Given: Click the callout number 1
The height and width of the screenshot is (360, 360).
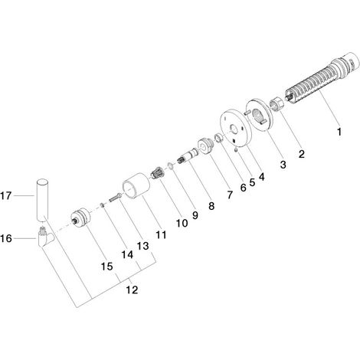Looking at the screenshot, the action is click(339, 132).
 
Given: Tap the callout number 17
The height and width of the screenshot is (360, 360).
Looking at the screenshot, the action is click(6, 196).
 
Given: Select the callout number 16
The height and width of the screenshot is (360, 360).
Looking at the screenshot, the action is click(6, 238).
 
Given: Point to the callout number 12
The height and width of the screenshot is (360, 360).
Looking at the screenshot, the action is click(133, 290).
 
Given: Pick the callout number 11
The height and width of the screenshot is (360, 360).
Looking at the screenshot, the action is click(161, 234).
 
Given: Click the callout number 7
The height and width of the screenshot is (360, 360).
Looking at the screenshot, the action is click(230, 195).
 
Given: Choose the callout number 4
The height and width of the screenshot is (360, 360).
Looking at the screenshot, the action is click(262, 177).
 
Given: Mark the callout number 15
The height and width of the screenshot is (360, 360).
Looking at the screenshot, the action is click(107, 267).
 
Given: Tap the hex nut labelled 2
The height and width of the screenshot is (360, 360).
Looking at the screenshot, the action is click(277, 104).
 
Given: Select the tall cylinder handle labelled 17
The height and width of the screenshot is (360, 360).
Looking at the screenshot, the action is click(41, 201).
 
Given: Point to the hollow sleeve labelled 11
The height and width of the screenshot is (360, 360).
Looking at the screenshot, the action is click(136, 185).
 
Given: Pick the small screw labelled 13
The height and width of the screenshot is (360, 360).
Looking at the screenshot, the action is click(116, 197).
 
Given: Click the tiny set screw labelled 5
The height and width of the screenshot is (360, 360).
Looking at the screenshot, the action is click(237, 150).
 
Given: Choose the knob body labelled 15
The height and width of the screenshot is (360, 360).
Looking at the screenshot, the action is click(80, 218).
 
